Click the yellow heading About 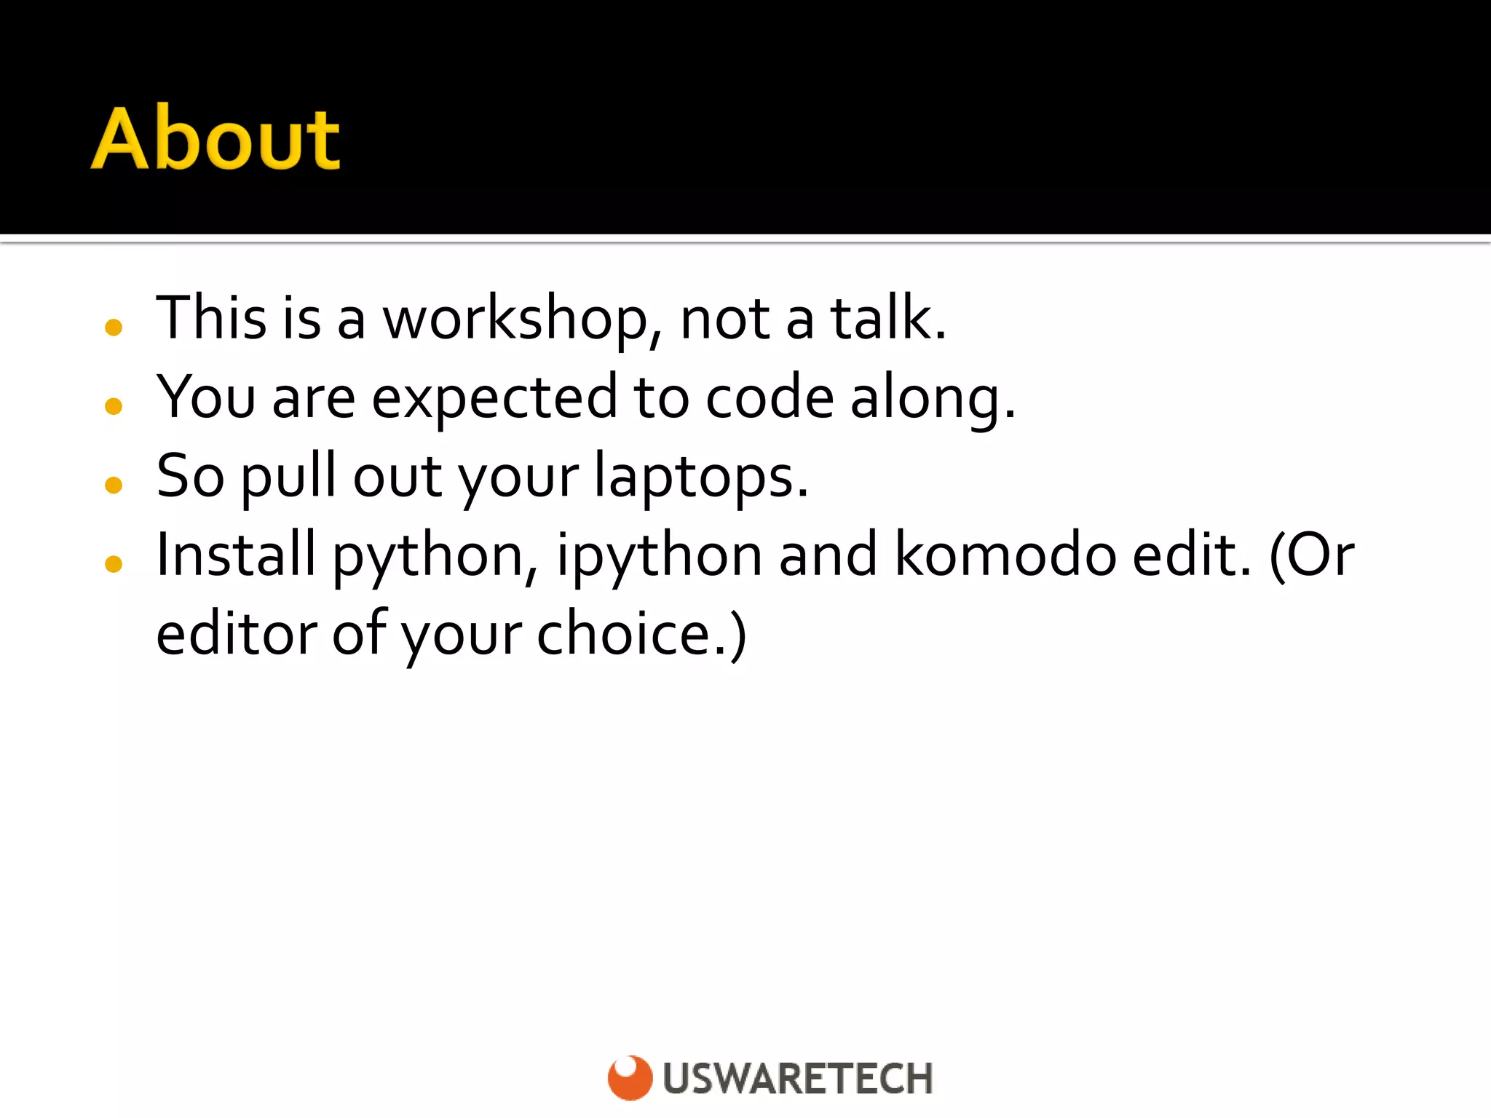coord(215,138)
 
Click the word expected coord(495,399)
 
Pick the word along coord(932,399)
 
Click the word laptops coord(700,477)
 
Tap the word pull coord(288,477)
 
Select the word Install coord(236,555)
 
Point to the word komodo coord(1005,555)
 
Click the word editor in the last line coord(236,635)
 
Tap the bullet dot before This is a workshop coord(114,328)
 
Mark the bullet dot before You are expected coord(114,406)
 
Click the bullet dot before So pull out coord(114,485)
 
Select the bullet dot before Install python coord(114,563)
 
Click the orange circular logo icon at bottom coord(630,1077)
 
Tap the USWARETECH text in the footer coord(798,1079)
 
